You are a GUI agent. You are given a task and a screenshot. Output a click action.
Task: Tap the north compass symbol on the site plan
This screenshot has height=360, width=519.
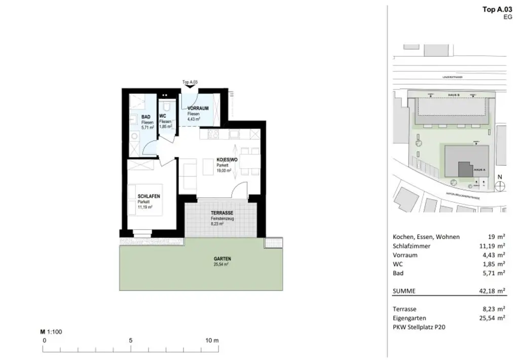[500, 186]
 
